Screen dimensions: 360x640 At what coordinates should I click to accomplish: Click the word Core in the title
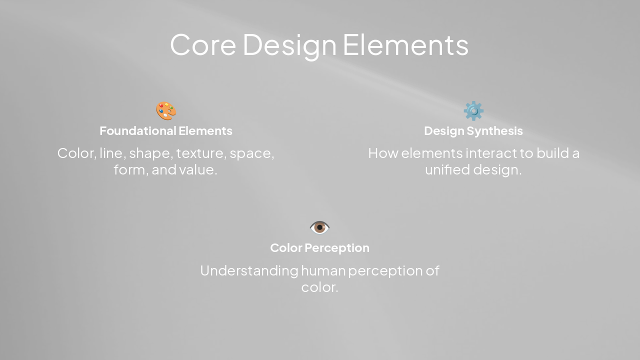(x=202, y=44)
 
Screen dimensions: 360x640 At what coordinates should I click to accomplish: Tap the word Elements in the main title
(x=405, y=44)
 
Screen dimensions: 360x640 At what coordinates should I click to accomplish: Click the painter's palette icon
(x=166, y=111)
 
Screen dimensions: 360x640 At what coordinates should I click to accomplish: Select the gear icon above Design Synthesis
(x=473, y=111)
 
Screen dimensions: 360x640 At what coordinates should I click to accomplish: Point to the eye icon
(x=319, y=227)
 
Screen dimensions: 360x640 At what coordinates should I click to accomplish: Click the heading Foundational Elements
(x=166, y=131)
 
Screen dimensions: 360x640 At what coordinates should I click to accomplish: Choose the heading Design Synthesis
(x=473, y=131)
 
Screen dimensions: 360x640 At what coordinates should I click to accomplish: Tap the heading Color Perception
(x=319, y=248)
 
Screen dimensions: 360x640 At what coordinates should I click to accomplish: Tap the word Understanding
(x=248, y=270)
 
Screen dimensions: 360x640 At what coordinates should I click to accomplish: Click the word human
(x=323, y=270)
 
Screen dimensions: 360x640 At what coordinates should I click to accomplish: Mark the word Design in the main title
(x=289, y=44)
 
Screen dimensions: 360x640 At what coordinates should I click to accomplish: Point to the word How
(x=382, y=153)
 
